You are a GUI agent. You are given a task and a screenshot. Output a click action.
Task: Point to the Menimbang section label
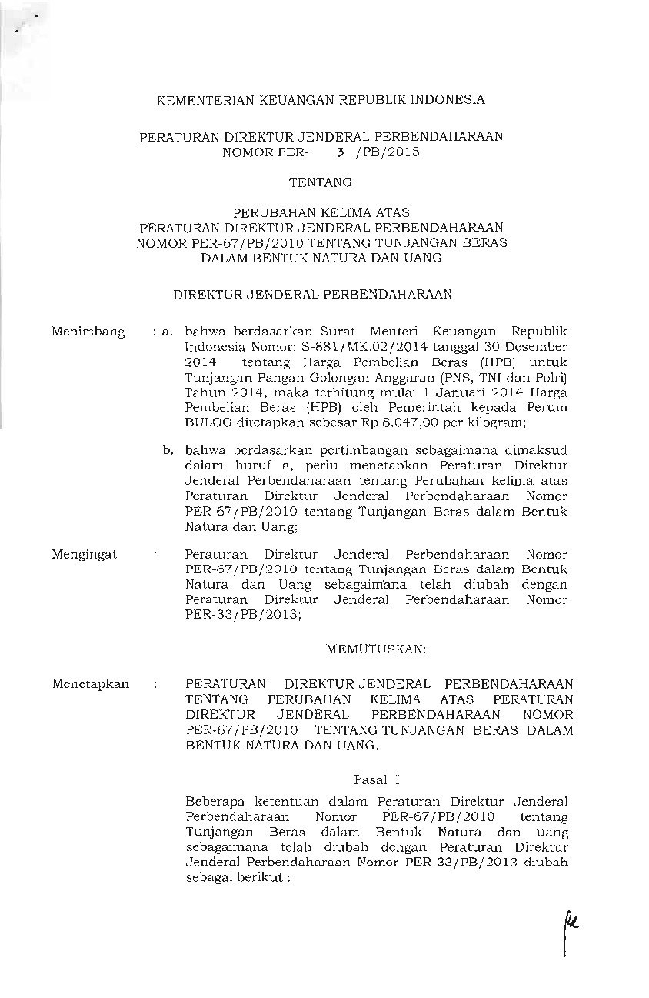88,331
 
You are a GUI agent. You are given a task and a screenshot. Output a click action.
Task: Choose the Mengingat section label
83,554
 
